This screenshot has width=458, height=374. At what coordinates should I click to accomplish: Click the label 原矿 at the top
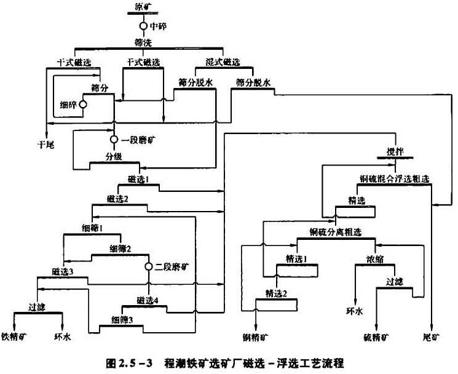pos(143,7)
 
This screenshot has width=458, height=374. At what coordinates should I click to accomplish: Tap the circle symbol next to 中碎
pos(143,26)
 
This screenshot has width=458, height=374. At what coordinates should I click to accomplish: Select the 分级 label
pos(114,157)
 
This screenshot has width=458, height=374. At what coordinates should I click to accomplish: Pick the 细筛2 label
pos(121,249)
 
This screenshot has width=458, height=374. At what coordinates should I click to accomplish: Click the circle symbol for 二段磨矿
pos(148,266)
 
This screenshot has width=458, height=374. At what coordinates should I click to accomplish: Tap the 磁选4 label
pos(148,300)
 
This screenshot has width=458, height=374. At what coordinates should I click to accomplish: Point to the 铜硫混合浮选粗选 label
pos(394,178)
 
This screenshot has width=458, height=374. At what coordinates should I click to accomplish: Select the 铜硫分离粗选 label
pos(336,231)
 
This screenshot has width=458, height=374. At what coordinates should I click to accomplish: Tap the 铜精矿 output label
pos(256,336)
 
